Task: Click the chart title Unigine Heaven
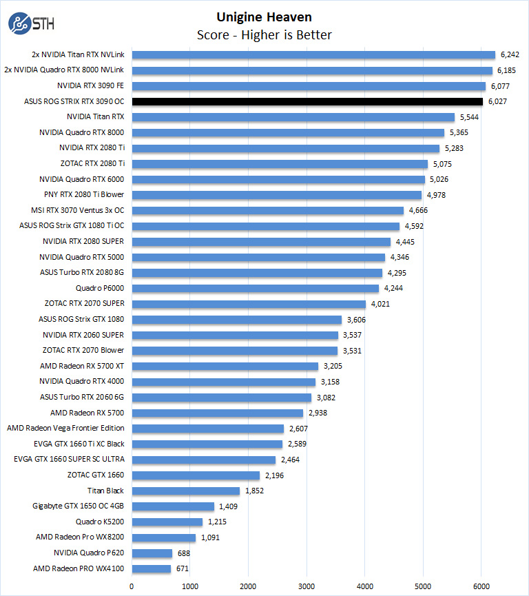tap(264, 17)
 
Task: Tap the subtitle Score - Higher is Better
tap(264, 35)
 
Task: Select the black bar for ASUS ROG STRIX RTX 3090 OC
tap(307, 101)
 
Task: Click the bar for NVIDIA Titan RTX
tap(293, 117)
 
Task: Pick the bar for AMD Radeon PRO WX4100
tap(151, 568)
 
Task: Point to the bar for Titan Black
tap(185, 491)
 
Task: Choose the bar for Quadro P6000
tap(255, 288)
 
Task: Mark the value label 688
tap(185, 553)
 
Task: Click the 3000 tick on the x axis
tap(307, 586)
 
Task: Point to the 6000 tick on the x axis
tap(481, 586)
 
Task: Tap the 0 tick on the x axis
tap(132, 586)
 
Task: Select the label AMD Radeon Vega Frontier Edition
tap(66, 428)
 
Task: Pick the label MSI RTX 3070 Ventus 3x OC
tap(78, 210)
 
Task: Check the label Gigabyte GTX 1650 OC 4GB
tap(79, 506)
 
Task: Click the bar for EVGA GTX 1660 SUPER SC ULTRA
tap(203, 460)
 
